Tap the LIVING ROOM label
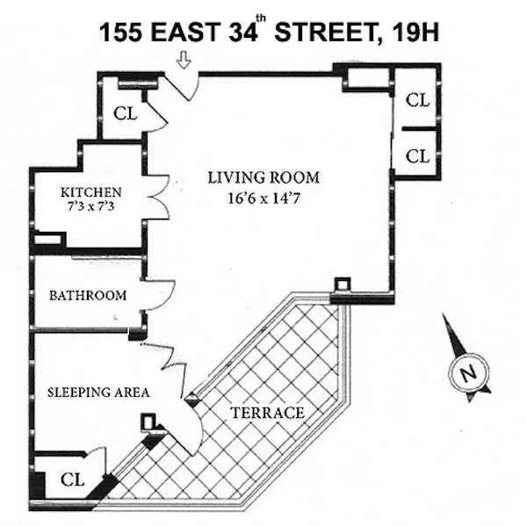[x=263, y=177]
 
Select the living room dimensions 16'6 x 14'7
[x=263, y=198]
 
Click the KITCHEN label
[x=90, y=191]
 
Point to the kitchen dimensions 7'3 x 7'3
[x=90, y=206]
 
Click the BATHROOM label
[x=88, y=295]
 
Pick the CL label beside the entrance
[x=126, y=113]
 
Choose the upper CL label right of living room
[x=417, y=99]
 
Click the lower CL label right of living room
[x=417, y=155]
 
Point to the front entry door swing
[x=187, y=83]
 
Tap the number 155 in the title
[x=121, y=34]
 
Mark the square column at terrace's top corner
[x=342, y=286]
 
